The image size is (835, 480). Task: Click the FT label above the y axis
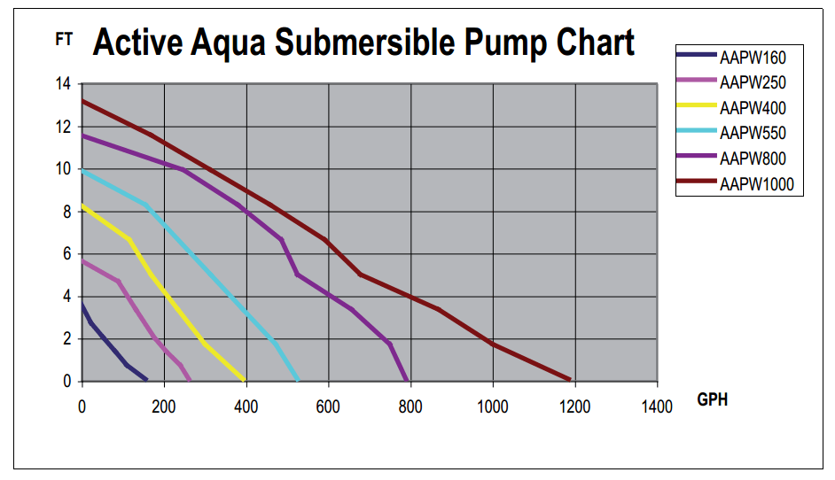(64, 40)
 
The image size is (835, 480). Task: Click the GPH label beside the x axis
(712, 399)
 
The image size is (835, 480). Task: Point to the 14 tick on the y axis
(62, 84)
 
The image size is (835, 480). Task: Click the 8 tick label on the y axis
(66, 212)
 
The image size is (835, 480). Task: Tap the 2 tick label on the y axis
(66, 339)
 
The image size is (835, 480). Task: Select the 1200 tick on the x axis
(575, 406)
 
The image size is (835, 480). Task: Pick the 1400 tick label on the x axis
(657, 406)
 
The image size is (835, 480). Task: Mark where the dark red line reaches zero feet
(570, 379)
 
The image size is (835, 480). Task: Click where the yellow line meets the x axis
(245, 380)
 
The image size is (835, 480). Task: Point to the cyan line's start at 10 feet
(82, 169)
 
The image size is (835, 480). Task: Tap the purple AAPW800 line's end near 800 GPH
(406, 380)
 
